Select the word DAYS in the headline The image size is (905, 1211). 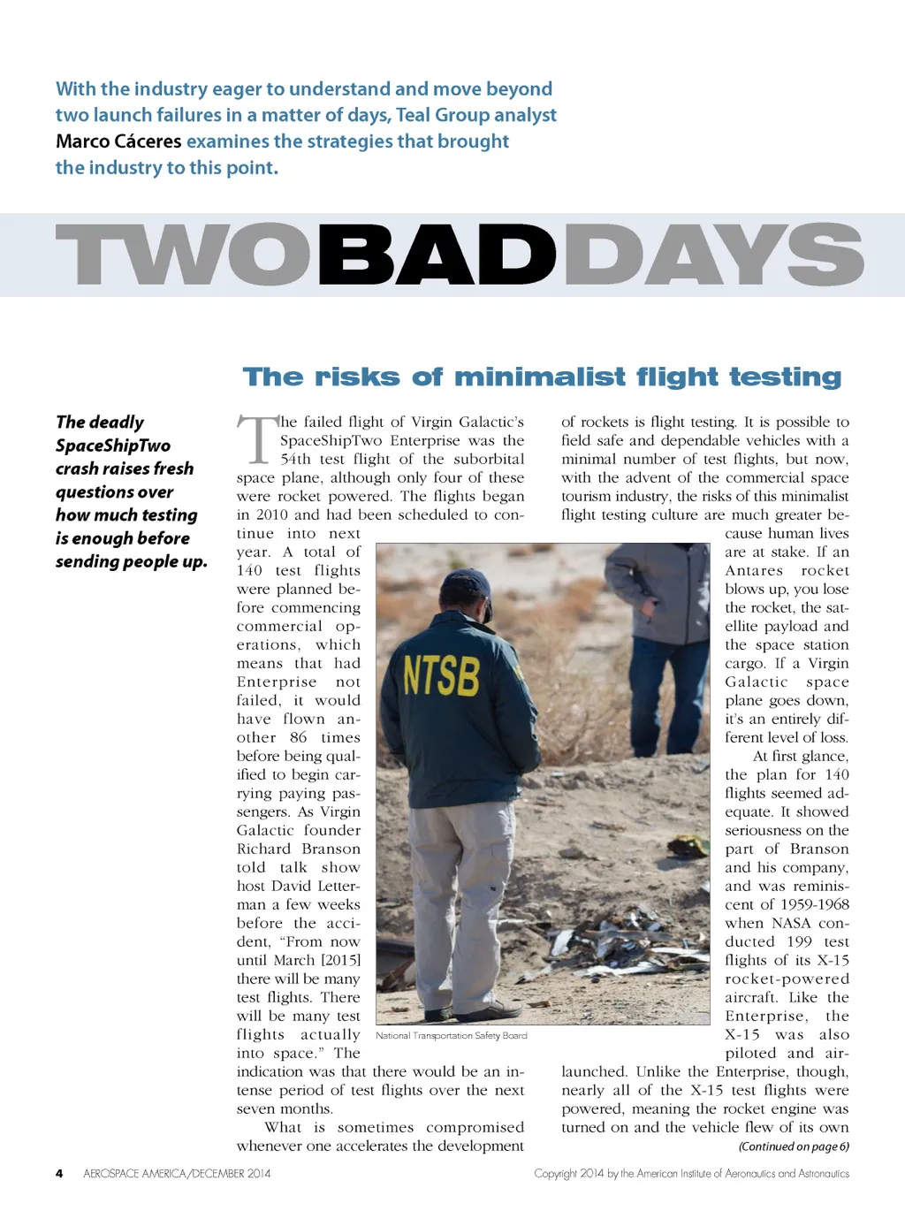coord(712,255)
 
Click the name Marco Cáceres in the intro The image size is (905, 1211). coord(118,141)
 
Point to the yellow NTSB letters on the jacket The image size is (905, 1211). coord(441,676)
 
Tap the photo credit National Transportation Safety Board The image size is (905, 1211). coord(451,1035)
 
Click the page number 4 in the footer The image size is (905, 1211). coord(59,1174)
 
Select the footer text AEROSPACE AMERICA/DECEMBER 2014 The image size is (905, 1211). coord(177,1174)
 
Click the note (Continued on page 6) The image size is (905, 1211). coord(794,1146)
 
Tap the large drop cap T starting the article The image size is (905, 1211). coord(257,439)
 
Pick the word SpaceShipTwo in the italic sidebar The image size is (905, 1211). coord(113,446)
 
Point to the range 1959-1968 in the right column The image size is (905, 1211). coord(815,904)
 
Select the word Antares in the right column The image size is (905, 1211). coord(754,570)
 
